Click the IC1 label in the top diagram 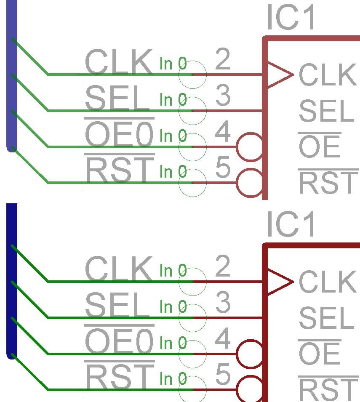(291, 19)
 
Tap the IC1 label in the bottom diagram (291, 224)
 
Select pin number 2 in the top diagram (223, 60)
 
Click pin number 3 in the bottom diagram (223, 303)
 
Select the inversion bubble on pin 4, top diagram (250, 147)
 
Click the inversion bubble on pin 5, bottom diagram (250, 389)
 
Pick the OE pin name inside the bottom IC (319, 354)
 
